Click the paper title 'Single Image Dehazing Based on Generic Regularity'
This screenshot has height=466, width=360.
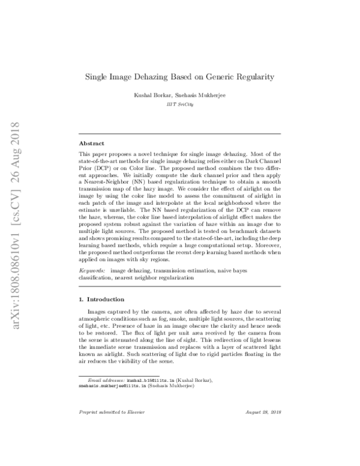(179, 77)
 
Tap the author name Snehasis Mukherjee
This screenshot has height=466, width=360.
(197, 95)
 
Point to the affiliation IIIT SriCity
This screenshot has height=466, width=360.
(180, 104)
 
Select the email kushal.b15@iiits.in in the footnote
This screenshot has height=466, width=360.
(149, 381)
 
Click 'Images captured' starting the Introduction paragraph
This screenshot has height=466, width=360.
(107, 313)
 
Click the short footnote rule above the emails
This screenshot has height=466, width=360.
(111, 376)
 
